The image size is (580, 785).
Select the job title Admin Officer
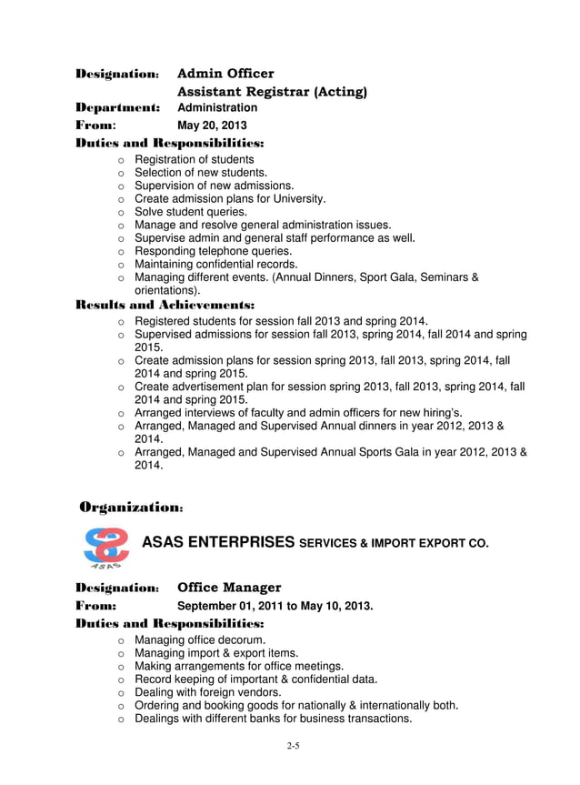pyautogui.click(x=225, y=74)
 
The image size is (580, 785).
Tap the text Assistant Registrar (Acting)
pyautogui.click(x=272, y=92)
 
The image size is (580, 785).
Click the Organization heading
pyautogui.click(x=132, y=506)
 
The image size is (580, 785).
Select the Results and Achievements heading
pyautogui.click(x=164, y=305)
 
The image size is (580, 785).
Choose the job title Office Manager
pyautogui.click(x=228, y=588)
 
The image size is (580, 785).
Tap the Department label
pyautogui.click(x=117, y=108)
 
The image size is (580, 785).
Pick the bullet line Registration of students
pyautogui.click(x=194, y=159)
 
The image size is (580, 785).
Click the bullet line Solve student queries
pyautogui.click(x=190, y=212)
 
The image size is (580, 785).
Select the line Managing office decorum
pyautogui.click(x=200, y=640)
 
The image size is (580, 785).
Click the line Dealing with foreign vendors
pyautogui.click(x=207, y=692)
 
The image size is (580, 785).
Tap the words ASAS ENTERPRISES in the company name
pyautogui.click(x=218, y=543)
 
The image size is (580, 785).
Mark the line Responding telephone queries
pyautogui.click(x=213, y=251)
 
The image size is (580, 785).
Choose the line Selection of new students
pyautogui.click(x=201, y=173)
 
